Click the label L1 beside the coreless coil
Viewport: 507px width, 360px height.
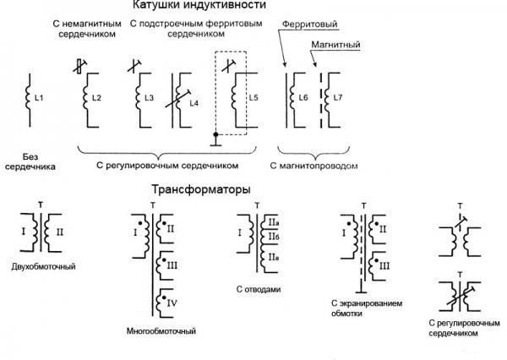[39, 98]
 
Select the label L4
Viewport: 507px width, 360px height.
[194, 103]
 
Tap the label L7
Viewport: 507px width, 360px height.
[337, 97]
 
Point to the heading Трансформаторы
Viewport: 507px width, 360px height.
[201, 189]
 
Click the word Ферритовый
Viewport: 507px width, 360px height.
[310, 24]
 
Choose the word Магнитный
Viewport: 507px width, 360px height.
[335, 44]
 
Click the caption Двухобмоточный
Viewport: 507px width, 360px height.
[43, 267]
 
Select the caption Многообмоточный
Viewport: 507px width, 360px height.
[161, 331]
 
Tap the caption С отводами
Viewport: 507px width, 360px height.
[259, 290]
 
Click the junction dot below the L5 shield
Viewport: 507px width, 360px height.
[215, 134]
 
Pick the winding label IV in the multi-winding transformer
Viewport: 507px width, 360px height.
[172, 303]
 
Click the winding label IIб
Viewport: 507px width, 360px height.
[274, 237]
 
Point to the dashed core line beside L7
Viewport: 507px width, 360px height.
[321, 101]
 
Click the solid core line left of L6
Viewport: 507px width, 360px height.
[286, 101]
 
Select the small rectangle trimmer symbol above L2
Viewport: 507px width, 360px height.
[79, 66]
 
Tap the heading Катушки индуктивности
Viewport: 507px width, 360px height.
[199, 5]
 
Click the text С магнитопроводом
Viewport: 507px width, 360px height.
[314, 166]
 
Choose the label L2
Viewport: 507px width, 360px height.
[96, 98]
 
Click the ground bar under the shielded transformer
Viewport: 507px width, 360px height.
[363, 292]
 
